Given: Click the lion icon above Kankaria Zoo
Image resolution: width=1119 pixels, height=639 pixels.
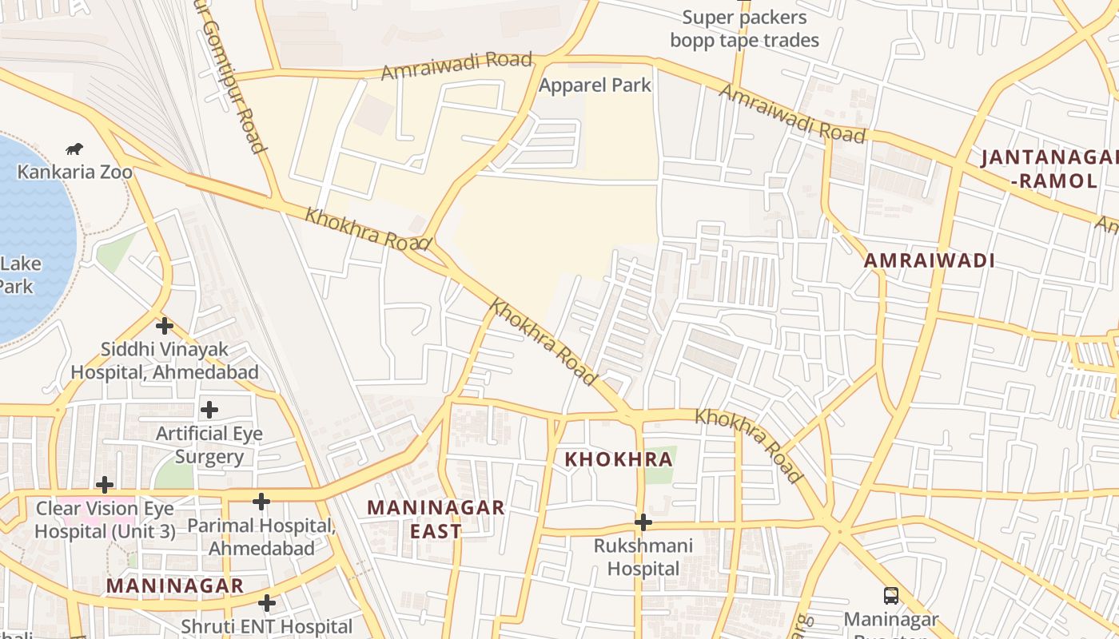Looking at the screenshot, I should coord(74,149).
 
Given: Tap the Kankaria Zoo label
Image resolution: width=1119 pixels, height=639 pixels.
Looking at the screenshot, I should coord(75,172).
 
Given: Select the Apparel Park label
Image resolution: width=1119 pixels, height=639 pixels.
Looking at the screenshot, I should coord(595,85).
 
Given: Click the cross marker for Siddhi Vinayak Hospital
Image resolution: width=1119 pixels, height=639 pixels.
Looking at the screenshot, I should coord(165,326).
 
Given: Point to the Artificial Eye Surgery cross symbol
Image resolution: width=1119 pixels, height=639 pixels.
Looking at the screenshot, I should coord(209,410).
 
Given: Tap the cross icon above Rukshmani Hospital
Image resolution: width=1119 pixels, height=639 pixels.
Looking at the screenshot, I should coord(643,522).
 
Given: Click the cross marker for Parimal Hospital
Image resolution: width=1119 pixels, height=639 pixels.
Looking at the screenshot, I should coord(261,502).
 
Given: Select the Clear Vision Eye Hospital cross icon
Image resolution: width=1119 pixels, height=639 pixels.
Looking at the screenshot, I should coord(104,485).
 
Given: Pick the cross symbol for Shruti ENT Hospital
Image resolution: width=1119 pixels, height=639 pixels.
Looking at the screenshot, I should coord(267,603).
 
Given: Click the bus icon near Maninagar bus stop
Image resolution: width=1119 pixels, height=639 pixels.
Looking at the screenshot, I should coord(890,595).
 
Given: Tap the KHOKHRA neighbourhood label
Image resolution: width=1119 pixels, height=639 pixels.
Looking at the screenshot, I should coord(619,459).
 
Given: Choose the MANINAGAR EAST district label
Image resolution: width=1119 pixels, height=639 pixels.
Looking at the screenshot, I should coord(436,519).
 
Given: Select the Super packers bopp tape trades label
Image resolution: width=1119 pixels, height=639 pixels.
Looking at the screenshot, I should coord(744,29).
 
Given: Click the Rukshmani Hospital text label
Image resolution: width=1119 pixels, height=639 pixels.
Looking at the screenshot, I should coord(643,558).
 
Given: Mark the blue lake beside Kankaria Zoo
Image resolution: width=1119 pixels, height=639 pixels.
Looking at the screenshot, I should coord(32,232).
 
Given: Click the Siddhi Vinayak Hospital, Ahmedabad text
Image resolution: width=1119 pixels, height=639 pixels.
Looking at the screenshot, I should coord(165,361).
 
